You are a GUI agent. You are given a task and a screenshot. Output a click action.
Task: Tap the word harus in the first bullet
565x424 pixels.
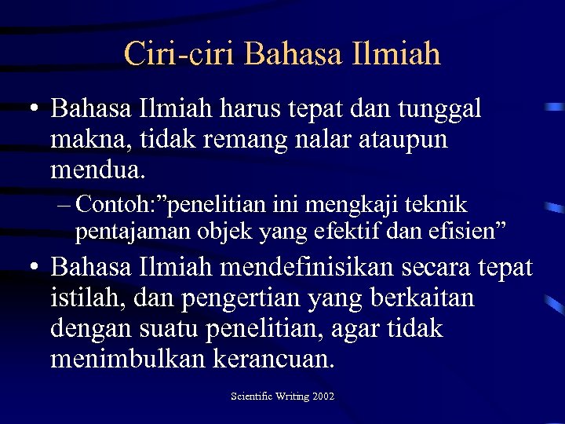tap(237, 109)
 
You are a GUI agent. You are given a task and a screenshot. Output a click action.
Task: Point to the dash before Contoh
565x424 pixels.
tap(64, 206)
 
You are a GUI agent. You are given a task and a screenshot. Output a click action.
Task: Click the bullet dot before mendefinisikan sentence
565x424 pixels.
tap(34, 269)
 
